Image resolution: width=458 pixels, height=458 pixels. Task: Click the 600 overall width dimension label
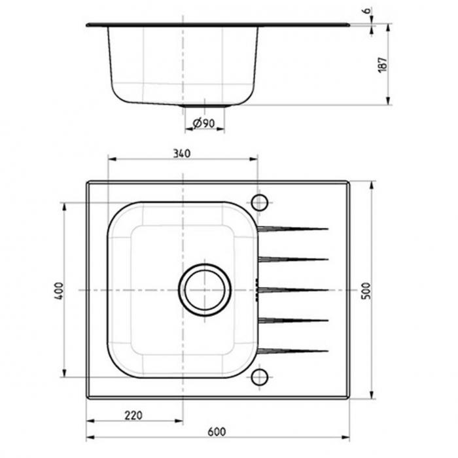(217, 432)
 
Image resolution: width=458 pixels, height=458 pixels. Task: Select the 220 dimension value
(133, 415)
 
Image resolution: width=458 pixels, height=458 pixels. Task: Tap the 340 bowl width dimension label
(182, 153)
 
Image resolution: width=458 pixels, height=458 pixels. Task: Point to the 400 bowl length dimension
(59, 291)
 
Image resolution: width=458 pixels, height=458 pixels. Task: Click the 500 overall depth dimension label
(366, 291)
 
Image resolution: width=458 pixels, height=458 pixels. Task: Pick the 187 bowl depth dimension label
(382, 65)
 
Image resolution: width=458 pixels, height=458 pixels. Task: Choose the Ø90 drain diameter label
(204, 123)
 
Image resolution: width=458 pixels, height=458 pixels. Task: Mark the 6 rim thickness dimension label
(366, 10)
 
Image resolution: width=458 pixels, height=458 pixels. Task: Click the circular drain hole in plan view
(204, 290)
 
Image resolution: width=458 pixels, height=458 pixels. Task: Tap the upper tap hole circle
(259, 202)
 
